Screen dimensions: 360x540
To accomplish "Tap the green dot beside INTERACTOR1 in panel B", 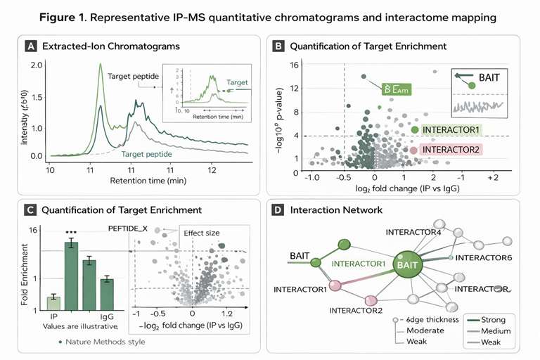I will click(415, 130).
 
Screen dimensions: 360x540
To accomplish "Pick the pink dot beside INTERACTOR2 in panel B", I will click(413, 150).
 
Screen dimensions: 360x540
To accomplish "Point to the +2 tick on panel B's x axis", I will click(492, 179).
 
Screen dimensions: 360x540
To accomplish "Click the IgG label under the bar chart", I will click(107, 316).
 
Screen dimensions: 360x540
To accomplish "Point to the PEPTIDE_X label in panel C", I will click(129, 229).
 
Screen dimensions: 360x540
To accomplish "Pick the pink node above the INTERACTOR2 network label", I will click(335, 285).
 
